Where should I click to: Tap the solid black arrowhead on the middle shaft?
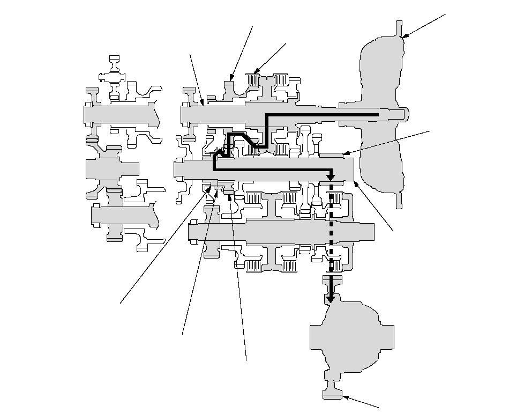[331, 176]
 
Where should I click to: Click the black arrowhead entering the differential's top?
[331, 297]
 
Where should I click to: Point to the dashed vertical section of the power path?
[331, 231]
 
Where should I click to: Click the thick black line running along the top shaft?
[321, 115]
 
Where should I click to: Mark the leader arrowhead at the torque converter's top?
[403, 37]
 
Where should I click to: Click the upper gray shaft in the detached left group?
[121, 114]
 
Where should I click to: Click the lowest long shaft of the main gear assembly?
[279, 232]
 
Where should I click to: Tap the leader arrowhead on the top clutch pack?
[255, 72]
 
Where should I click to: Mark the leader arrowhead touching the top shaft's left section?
[201, 103]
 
